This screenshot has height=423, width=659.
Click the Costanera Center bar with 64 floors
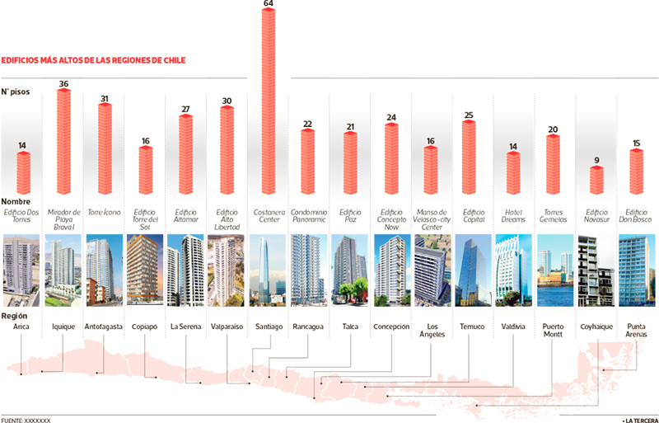269,103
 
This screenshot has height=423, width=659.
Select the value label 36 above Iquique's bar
63,83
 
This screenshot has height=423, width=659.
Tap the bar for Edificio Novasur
596,180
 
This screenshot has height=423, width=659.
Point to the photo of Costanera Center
269,265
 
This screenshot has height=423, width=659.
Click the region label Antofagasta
104,327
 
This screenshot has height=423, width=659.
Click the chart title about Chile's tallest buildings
93,60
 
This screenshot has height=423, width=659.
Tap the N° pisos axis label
16,92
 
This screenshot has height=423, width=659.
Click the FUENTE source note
26,420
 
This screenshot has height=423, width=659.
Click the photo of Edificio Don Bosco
636,265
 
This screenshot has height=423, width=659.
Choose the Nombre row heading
17,201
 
